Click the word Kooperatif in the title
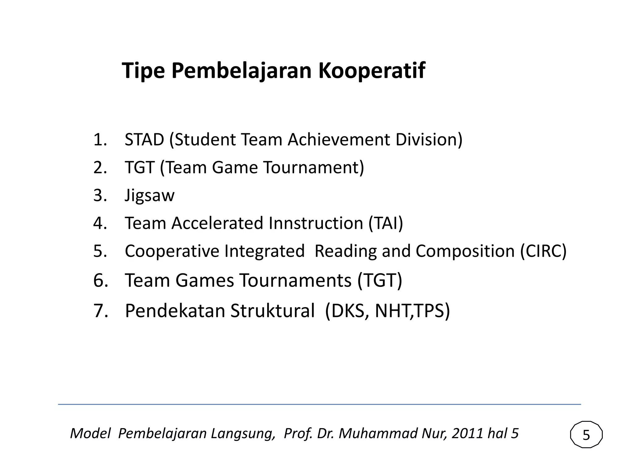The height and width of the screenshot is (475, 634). (x=371, y=71)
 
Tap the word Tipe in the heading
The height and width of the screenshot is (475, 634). (x=143, y=71)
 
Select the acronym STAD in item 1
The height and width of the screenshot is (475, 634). (x=144, y=139)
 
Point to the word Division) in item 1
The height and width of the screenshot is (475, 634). (x=429, y=139)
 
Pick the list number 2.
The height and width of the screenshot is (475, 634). (x=100, y=167)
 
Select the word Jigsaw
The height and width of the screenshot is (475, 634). (x=150, y=195)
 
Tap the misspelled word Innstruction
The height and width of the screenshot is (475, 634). (x=316, y=223)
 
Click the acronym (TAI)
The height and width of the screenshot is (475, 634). (x=386, y=223)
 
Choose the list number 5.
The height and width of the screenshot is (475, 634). (x=100, y=251)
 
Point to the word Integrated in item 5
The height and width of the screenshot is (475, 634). (x=264, y=251)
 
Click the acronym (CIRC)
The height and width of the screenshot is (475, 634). (x=543, y=251)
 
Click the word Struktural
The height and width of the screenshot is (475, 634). (x=272, y=310)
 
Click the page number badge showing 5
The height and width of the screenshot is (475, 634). (x=586, y=435)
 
